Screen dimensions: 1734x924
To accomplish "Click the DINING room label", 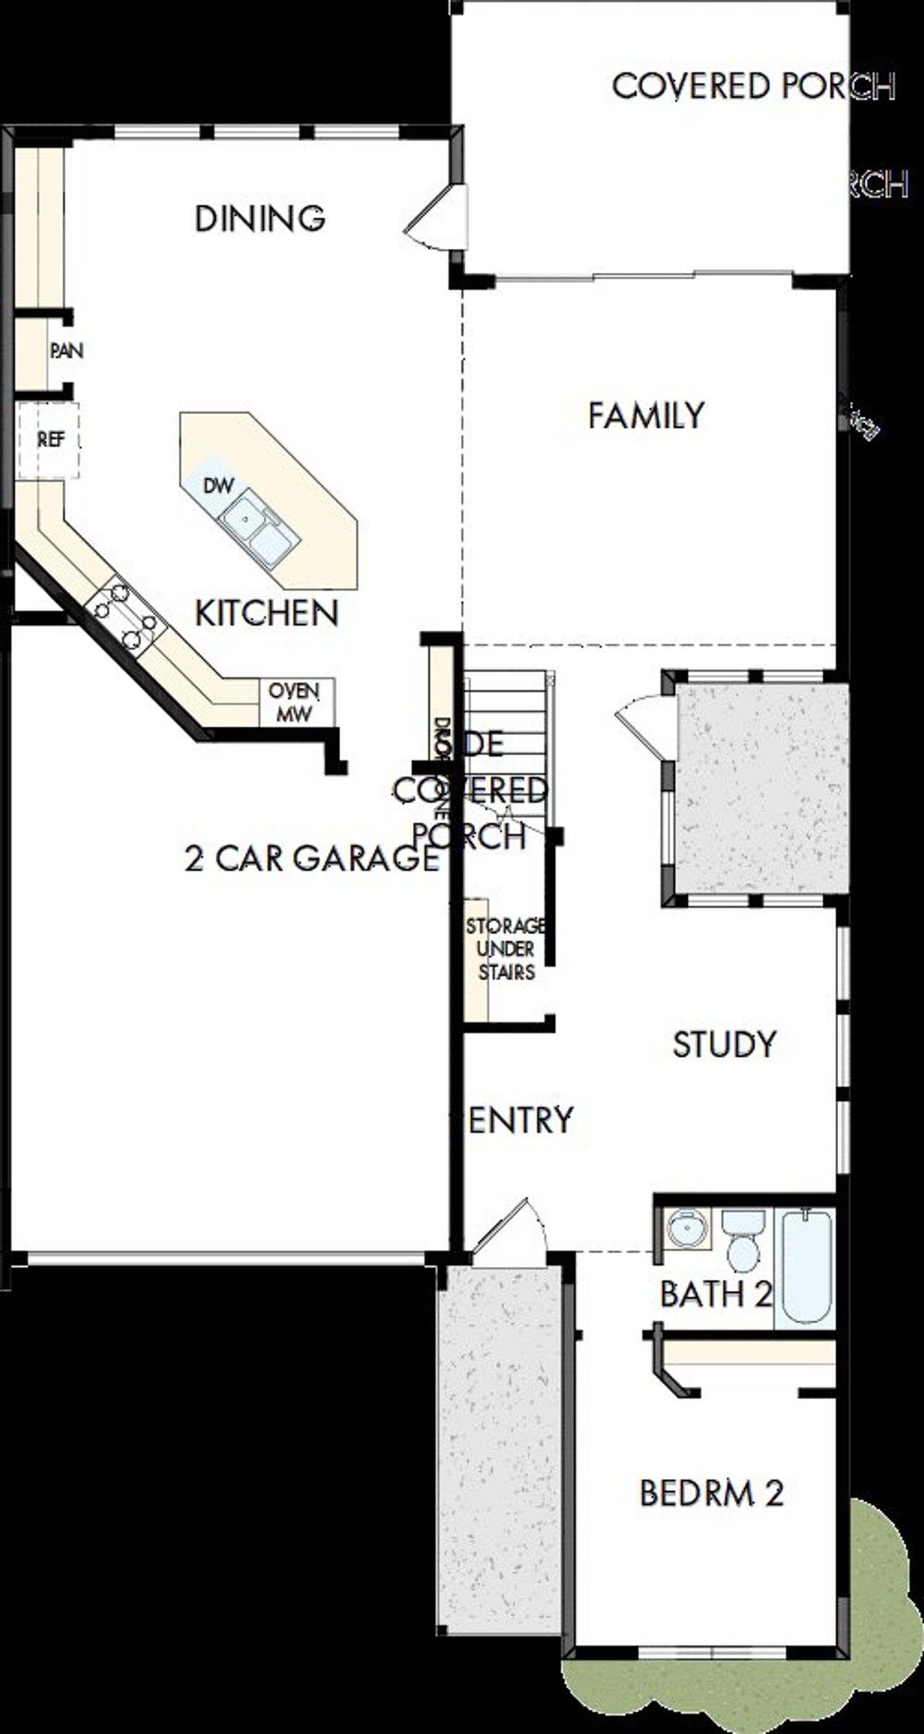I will pos(260,219).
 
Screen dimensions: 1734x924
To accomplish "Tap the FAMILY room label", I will pos(646,416).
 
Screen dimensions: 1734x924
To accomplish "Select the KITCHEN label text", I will pos(266,614).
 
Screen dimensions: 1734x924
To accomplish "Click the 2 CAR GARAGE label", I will pos(311,858).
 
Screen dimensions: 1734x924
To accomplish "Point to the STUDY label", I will pos(724,1045).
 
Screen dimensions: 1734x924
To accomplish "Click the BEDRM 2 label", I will pos(711,1494).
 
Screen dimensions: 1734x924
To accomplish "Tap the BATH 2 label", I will pos(715,1294).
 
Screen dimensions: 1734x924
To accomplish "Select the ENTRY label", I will pos(520,1120).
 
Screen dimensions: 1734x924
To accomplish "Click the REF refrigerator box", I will pos(49,440).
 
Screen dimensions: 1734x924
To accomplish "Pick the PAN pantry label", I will pos(66,351).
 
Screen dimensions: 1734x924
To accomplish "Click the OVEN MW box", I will pos(295,702).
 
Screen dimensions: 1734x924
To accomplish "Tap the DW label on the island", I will pos(218,486).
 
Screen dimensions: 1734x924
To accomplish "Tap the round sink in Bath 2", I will pos(685,1227).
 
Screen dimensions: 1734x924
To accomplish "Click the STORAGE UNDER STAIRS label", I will pos(506,949).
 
